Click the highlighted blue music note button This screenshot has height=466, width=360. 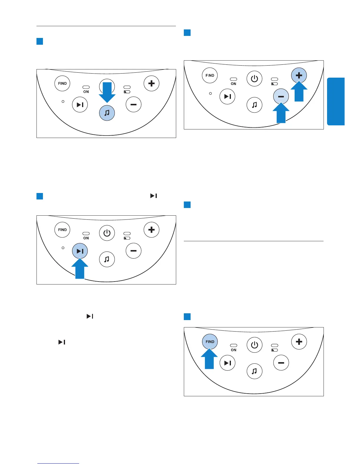(107, 113)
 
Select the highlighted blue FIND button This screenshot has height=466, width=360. (210, 342)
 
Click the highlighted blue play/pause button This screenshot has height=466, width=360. (80, 251)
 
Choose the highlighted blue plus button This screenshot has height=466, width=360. (299, 75)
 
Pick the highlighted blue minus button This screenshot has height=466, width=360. (281, 96)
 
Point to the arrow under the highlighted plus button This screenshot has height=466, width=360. (299, 92)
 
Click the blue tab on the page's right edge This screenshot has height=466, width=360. (336, 101)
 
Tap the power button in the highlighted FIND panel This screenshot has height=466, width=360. (254, 345)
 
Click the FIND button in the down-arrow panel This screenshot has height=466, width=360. (62, 84)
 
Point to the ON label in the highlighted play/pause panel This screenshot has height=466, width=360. (86, 238)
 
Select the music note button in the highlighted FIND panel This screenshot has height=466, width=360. (254, 371)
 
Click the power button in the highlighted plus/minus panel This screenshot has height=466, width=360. (254, 79)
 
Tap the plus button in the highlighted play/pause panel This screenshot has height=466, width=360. (151, 230)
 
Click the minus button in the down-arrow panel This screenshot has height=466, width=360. (134, 104)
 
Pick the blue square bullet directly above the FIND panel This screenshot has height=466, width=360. (187, 317)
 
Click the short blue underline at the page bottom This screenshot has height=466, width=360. (58, 463)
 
